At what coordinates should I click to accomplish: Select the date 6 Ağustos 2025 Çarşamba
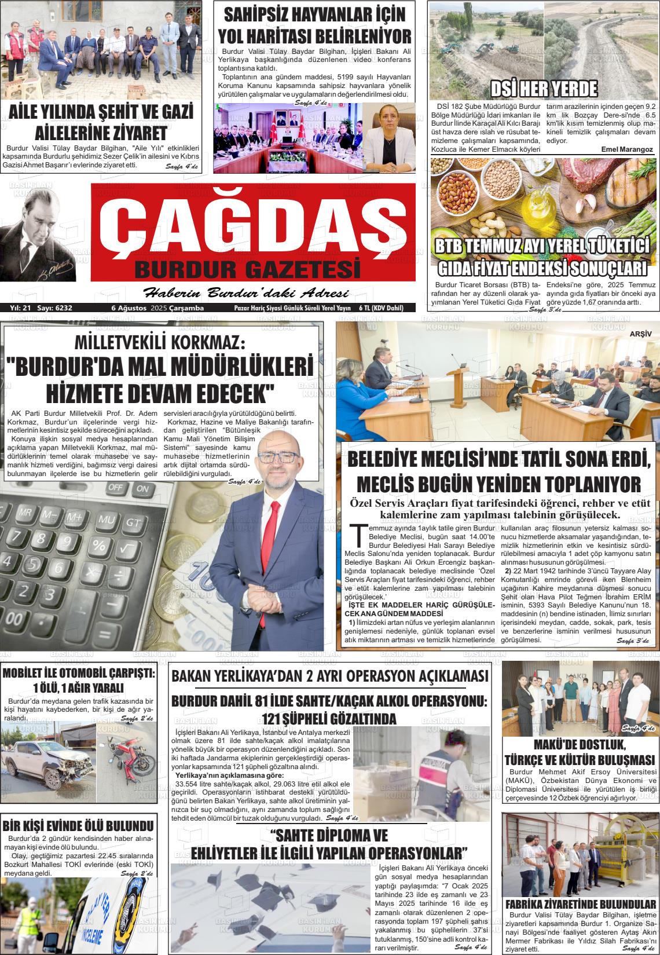pyautogui.click(x=157, y=308)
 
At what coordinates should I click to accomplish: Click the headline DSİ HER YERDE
pyautogui.click(x=544, y=89)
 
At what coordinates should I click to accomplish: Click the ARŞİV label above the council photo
pyautogui.click(x=640, y=334)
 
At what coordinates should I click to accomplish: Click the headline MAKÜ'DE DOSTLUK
pyautogui.click(x=580, y=745)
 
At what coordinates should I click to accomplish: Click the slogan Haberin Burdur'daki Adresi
pyautogui.click(x=245, y=292)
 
